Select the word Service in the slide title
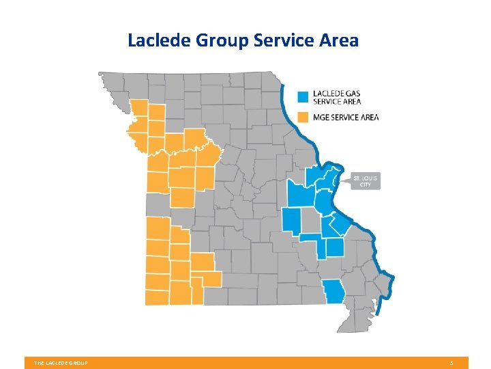pos(286,40)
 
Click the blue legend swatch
pos(304,96)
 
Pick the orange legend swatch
pos(304,117)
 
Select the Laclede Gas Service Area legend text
pos(337,96)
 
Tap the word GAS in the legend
pos(353,92)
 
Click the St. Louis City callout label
pos(366,181)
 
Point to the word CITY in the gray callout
pos(366,184)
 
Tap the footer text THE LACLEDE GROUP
pos(61,363)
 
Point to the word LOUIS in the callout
pos(370,178)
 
